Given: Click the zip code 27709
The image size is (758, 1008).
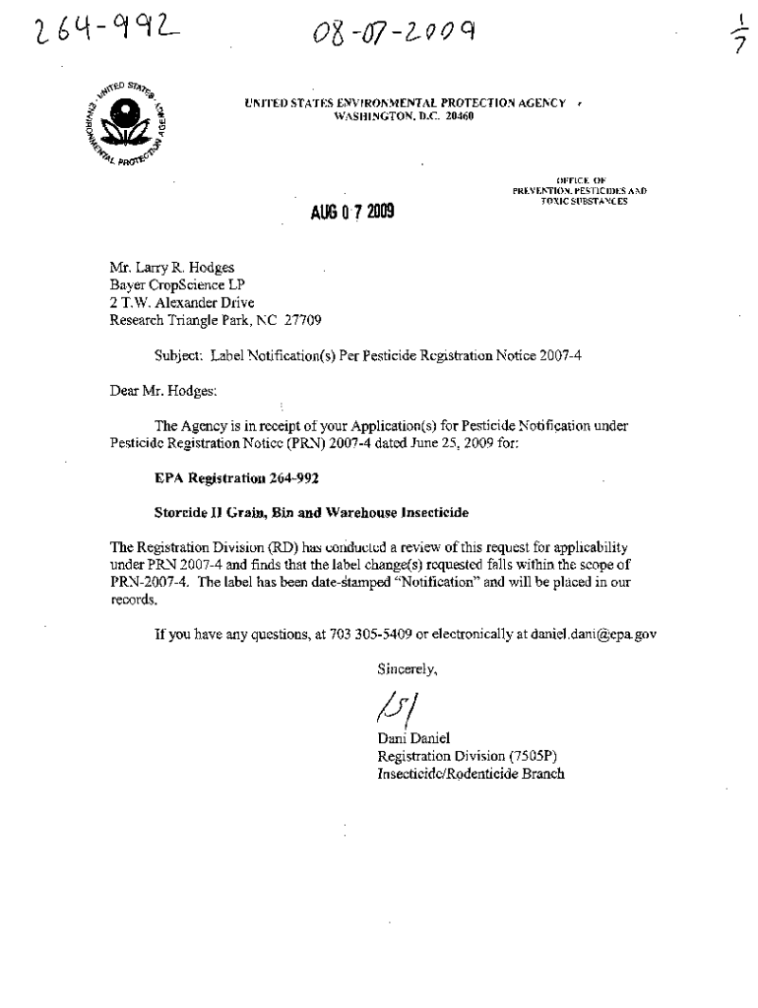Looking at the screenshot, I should (x=301, y=320).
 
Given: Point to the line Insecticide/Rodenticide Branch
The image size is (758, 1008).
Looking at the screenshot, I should (x=471, y=774).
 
